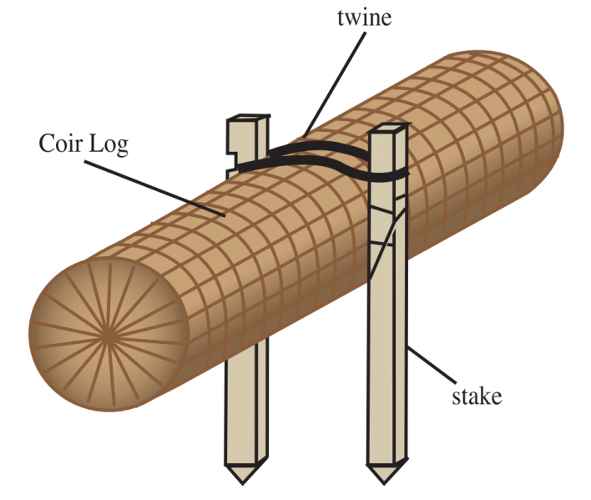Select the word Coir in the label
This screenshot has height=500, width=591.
tap(60, 143)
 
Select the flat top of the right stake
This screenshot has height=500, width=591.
tap(390, 130)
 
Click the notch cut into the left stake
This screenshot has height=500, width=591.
tap(234, 153)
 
